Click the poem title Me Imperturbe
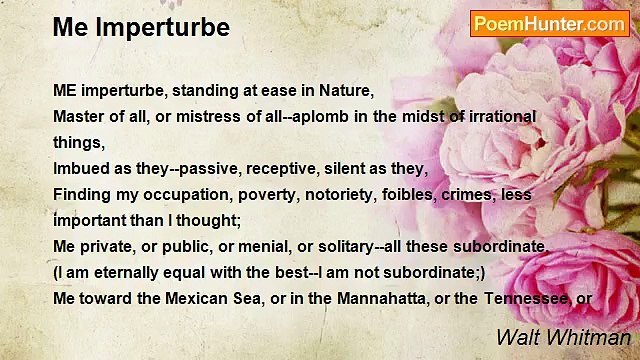(141, 27)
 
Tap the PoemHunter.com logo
(549, 24)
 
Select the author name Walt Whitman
(563, 337)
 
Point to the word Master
(78, 116)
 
